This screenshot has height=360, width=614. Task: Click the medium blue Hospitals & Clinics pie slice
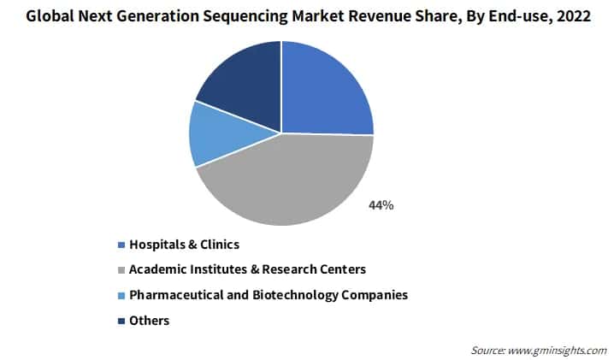pyautogui.click(x=325, y=90)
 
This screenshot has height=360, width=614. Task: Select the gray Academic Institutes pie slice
pyautogui.click(x=282, y=184)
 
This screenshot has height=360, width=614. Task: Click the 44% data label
pyautogui.click(x=381, y=205)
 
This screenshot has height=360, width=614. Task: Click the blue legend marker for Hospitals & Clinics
pyautogui.click(x=121, y=245)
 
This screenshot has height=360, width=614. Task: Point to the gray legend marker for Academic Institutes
pyautogui.click(x=121, y=270)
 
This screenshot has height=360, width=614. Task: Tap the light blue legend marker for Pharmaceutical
pyautogui.click(x=121, y=296)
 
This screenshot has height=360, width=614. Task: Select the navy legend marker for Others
pyautogui.click(x=121, y=322)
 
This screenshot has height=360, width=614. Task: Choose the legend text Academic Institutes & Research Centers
pyautogui.click(x=247, y=269)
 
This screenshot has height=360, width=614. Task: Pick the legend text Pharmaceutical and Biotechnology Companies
pyautogui.click(x=268, y=295)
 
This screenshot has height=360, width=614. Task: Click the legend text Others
pyautogui.click(x=149, y=321)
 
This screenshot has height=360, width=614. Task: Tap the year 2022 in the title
pyautogui.click(x=574, y=17)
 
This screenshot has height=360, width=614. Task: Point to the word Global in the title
pyautogui.click(x=49, y=17)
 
